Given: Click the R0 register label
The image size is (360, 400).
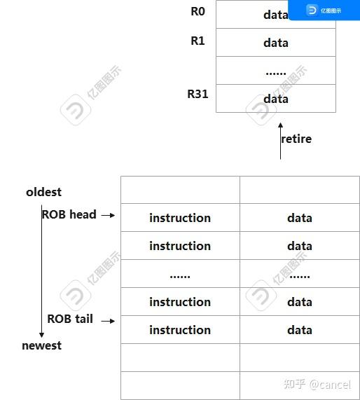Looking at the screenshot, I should (x=198, y=12).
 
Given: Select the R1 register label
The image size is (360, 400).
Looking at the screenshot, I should (x=198, y=41).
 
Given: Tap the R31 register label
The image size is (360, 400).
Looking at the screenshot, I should (x=198, y=93).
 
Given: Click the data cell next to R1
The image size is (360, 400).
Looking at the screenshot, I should (x=276, y=43).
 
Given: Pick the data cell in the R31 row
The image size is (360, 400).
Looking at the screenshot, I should (x=276, y=99).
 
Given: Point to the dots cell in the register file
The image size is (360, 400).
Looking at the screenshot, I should (x=276, y=71).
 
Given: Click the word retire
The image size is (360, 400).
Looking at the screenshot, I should (x=296, y=139).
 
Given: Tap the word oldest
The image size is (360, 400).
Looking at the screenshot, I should (x=43, y=192).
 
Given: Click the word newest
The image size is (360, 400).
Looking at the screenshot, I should (x=41, y=345).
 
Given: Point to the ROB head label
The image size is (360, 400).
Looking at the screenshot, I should (x=69, y=214).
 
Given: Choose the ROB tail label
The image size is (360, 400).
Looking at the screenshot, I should (x=70, y=319).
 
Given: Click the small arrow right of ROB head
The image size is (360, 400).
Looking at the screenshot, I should (x=107, y=216).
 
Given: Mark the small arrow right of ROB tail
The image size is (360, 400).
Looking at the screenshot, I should (x=106, y=320).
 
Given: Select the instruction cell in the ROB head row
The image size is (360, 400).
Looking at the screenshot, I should (x=180, y=218).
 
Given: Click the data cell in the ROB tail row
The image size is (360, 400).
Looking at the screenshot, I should (x=299, y=330).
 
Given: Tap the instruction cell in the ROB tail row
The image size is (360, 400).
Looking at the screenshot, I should (x=180, y=330).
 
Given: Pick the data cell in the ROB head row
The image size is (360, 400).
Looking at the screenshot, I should (x=299, y=218).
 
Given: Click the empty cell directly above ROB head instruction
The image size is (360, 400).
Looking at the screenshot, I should (x=180, y=190).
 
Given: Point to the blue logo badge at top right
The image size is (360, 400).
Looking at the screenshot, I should (x=324, y=10).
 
